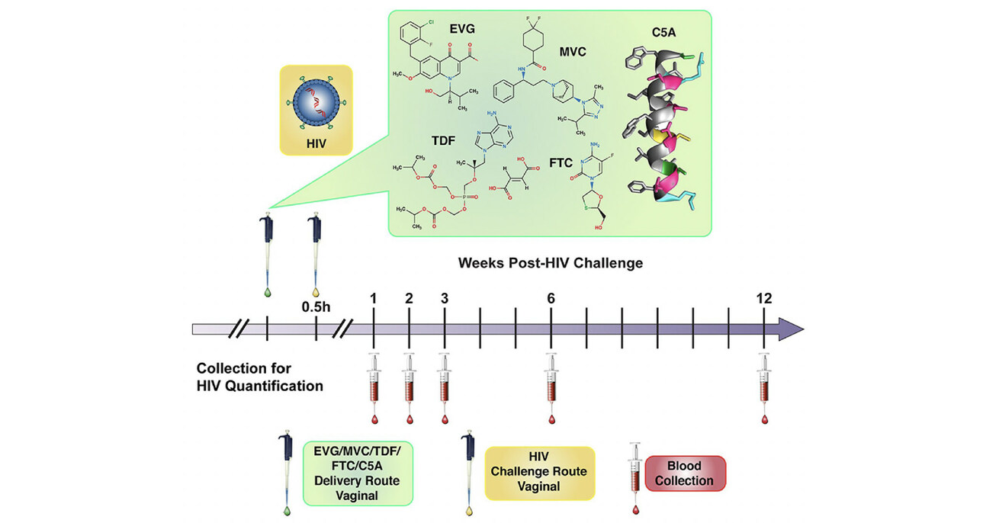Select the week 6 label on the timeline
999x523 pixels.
point(551,298)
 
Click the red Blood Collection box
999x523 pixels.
point(685,473)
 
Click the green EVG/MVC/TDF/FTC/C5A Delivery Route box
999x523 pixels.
point(358,473)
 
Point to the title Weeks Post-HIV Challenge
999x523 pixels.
point(550,263)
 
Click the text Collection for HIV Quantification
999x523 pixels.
point(259,376)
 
